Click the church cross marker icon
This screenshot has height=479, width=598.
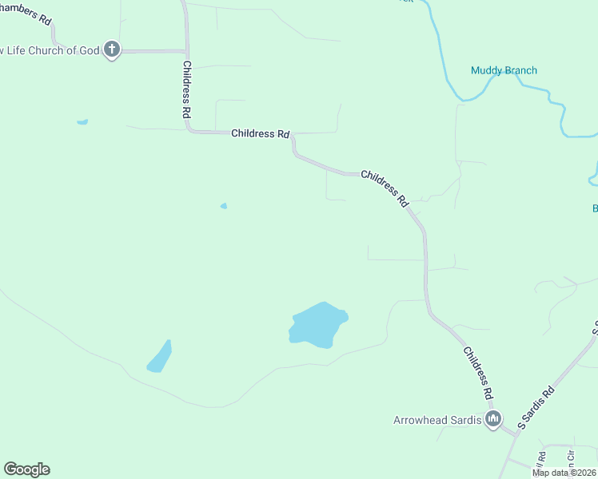pos(112,50)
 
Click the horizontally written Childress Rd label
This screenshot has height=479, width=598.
pos(260,133)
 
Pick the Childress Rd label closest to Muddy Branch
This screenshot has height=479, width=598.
pos(385,188)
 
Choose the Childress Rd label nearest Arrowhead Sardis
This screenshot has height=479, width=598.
pos(477,373)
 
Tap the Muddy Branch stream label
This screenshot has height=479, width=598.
pos(504,70)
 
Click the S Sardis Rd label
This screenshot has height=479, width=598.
pos(536,409)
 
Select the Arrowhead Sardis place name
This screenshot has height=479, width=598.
pos(437,420)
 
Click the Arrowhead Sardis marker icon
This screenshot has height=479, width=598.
pos(493,419)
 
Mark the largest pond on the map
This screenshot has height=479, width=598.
pos(318,325)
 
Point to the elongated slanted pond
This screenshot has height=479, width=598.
pos(159,357)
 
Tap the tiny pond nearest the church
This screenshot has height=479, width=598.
pos(82,122)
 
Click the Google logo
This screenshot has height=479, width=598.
pos(26,469)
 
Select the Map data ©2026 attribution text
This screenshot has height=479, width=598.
pos(564,473)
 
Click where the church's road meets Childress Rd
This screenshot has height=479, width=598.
pos(187,51)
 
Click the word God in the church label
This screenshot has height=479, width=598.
pos(90,50)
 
